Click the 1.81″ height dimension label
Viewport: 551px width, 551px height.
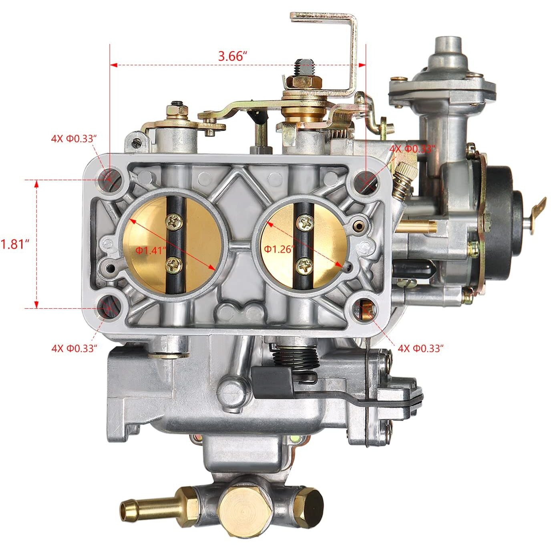click(x=15, y=244)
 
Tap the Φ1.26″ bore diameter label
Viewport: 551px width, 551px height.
click(x=279, y=249)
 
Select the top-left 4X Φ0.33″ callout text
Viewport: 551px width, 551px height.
click(x=74, y=139)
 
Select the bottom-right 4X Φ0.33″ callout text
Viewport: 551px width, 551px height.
click(x=421, y=348)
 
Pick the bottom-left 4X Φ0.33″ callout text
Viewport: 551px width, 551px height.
click(x=74, y=348)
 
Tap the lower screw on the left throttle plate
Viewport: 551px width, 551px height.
click(x=175, y=264)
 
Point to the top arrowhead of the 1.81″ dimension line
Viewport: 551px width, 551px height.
click(x=37, y=184)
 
